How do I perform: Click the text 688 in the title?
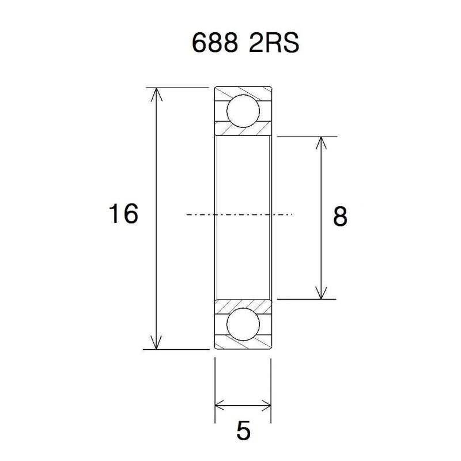(213, 44)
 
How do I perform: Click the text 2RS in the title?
(274, 44)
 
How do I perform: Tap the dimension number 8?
(340, 217)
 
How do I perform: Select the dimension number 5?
(244, 431)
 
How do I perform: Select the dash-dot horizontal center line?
(242, 215)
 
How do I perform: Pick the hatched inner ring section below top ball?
(242, 130)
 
